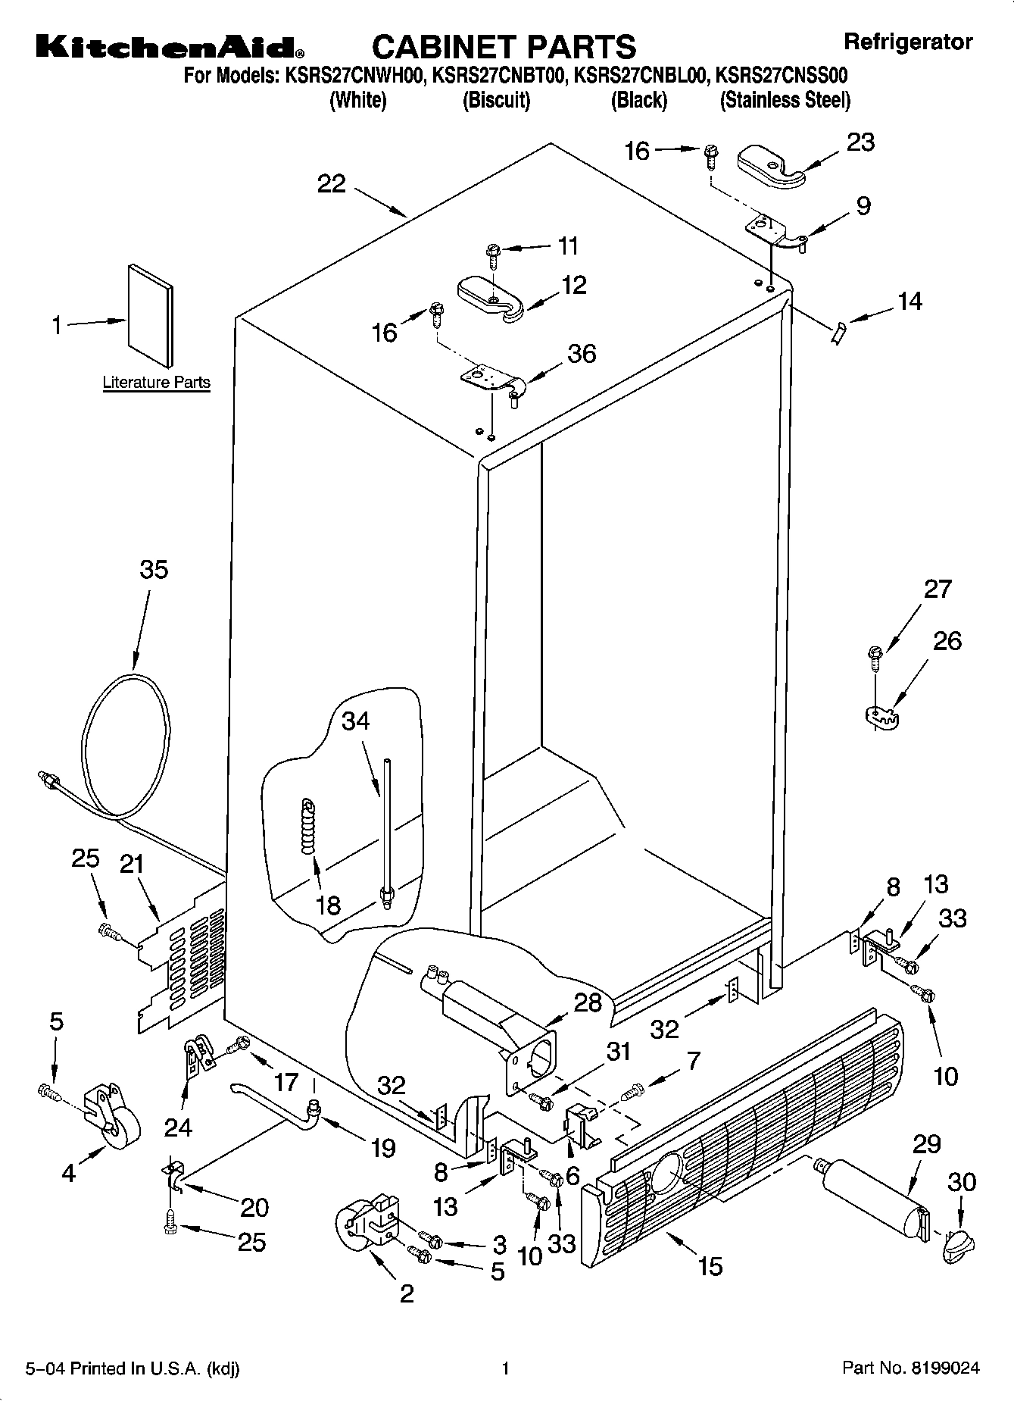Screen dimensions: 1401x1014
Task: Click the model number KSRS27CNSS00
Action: [x=781, y=76]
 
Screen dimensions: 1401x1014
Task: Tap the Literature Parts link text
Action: [x=156, y=383]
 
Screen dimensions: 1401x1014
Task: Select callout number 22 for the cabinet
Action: [x=331, y=184]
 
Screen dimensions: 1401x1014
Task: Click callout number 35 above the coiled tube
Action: [x=154, y=569]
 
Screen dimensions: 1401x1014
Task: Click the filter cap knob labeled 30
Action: [x=959, y=1246]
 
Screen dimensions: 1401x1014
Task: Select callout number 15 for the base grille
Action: [x=710, y=1265]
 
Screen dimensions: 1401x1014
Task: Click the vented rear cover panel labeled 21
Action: [x=182, y=962]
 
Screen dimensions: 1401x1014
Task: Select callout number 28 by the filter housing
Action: [x=587, y=1002]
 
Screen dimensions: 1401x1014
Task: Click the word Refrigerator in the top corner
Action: [x=907, y=42]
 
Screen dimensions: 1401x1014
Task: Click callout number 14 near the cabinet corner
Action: [x=909, y=302]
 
